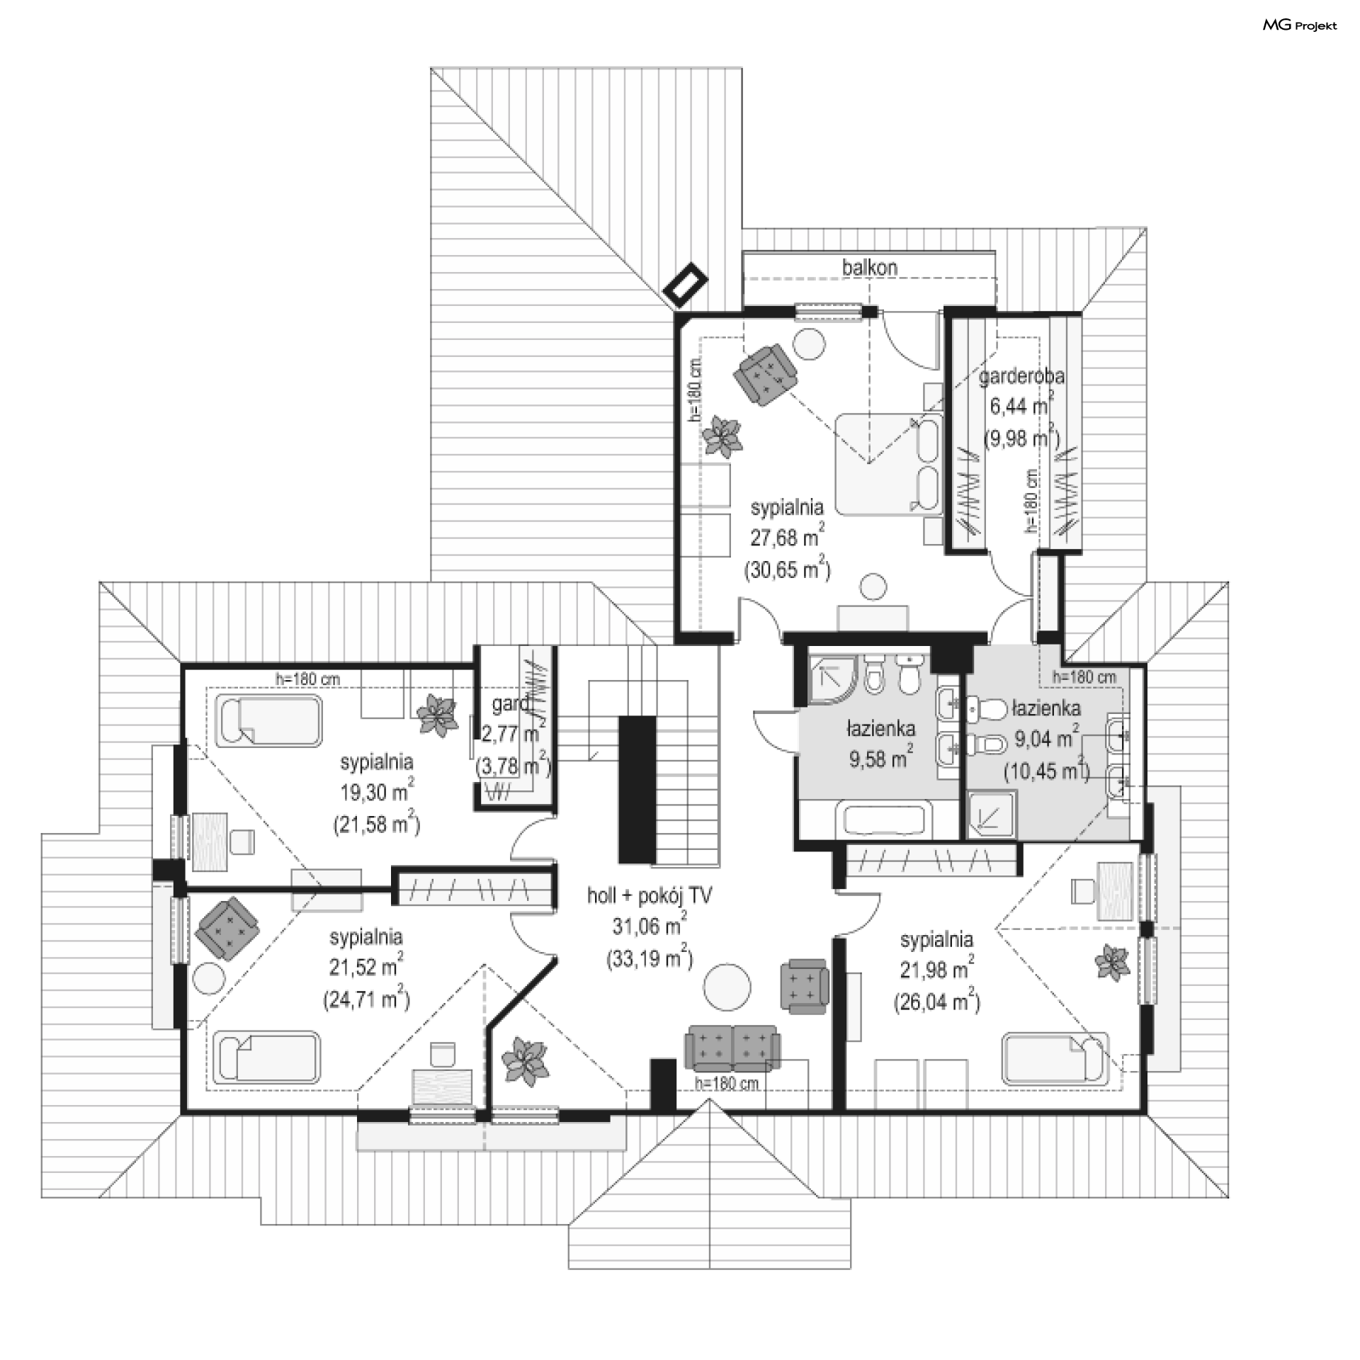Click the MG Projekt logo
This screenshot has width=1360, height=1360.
pos(1300,25)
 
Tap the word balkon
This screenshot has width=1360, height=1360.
pos(870,268)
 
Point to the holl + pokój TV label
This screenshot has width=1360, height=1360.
pos(650,896)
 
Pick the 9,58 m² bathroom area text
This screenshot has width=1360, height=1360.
pos(880,757)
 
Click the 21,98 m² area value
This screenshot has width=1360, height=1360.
pos(936,968)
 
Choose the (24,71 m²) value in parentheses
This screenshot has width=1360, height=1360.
pos(367,999)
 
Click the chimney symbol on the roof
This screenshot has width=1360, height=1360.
pos(686,286)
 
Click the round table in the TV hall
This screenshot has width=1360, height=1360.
pos(727,986)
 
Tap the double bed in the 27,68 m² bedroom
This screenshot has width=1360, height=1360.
pos(889,464)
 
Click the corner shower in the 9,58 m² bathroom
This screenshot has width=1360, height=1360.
pos(833,680)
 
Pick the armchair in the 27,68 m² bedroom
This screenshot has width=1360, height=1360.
pos(766,374)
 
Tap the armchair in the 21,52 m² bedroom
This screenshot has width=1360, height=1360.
pos(227,928)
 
